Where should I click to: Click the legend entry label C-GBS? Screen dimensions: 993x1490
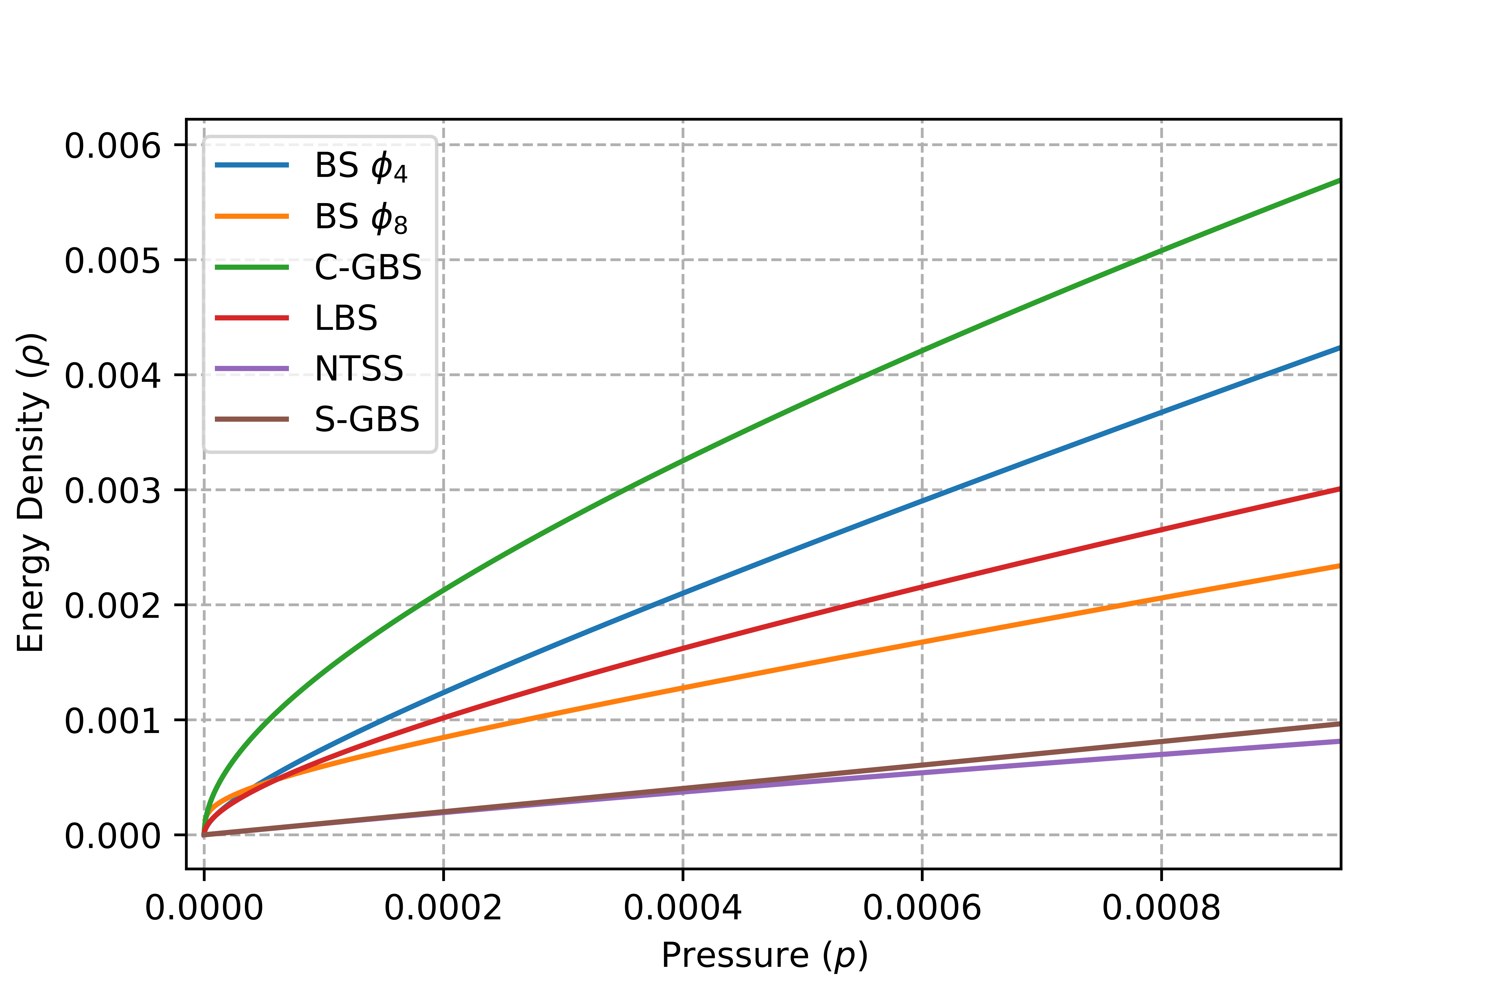pos(367,267)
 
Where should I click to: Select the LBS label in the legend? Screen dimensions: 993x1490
pos(346,318)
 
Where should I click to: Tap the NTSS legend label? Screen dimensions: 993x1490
pos(359,369)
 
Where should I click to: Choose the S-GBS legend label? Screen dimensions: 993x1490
pos(367,419)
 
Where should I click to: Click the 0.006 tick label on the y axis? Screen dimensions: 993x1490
pos(113,146)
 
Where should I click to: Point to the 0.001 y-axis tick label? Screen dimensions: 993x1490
pos(113,721)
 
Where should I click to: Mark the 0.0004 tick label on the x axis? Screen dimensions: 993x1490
pos(682,907)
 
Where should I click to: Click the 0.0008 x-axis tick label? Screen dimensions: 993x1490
pos(1161,907)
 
